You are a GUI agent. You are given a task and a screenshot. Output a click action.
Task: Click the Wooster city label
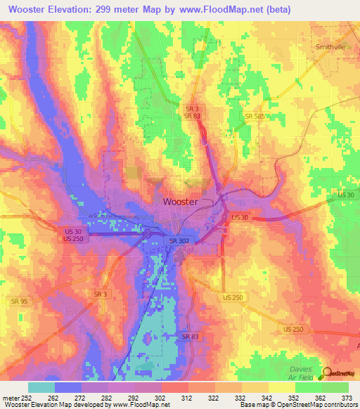180,201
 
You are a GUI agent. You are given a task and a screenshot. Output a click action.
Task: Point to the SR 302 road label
179,241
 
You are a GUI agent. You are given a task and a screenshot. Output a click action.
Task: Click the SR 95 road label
20,301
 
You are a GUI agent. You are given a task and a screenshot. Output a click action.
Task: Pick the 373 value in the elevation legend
348,397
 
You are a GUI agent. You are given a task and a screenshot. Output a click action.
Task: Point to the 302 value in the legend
161,397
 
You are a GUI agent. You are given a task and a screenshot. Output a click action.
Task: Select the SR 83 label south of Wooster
190,337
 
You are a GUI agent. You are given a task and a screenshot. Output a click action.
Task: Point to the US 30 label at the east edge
345,195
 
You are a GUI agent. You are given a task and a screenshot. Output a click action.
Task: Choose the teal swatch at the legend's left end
41,387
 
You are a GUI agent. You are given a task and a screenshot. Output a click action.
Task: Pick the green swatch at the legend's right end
335,387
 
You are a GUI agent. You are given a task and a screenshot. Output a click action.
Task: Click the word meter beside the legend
12,397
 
